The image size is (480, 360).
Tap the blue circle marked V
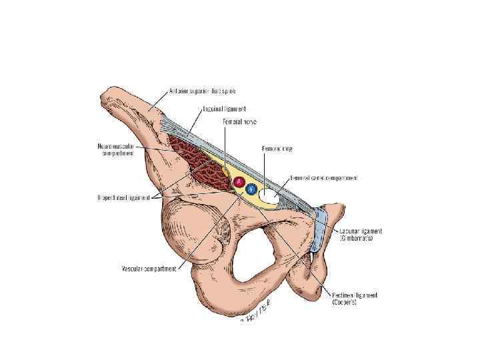click(251, 189)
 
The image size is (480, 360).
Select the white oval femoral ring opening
click(272, 196)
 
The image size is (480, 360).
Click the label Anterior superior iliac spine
click(202, 91)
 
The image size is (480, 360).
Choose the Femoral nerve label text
click(241, 122)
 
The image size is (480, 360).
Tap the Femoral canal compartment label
click(323, 178)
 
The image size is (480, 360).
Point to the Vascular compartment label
click(149, 269)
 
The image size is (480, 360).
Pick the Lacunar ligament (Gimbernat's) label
click(361, 234)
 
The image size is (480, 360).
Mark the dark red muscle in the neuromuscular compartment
click(200, 160)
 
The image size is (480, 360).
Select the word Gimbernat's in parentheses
click(361, 238)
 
